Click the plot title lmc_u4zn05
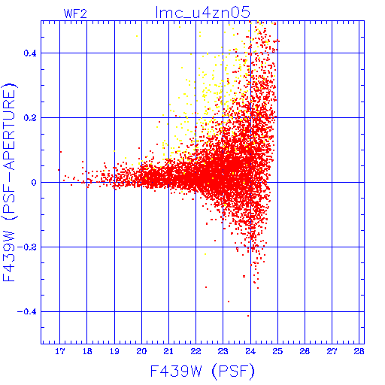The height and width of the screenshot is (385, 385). point(203,12)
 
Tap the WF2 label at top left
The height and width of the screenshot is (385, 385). point(75,14)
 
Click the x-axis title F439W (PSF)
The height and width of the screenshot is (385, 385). point(202,371)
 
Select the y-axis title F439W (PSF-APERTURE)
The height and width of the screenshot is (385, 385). point(9,183)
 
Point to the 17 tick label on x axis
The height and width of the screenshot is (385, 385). point(60,351)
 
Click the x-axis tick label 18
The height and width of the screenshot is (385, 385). point(87,351)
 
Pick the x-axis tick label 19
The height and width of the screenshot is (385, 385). point(114,351)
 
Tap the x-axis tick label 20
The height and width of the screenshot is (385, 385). point(141,351)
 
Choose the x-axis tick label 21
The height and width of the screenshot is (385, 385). point(168,351)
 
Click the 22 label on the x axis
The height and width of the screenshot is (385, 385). point(196,351)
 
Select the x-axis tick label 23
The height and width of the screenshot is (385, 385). point(223,351)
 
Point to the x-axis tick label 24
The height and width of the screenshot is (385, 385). point(250,351)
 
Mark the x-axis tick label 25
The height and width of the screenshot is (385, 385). point(277,351)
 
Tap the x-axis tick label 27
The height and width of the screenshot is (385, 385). point(332,351)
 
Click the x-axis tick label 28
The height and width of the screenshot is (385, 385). point(359,351)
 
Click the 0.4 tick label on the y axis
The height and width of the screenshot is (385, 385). point(30,53)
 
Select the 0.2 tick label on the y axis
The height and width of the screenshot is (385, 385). point(30,118)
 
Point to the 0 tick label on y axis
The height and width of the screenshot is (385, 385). point(34,183)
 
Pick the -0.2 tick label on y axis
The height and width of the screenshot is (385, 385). point(27,247)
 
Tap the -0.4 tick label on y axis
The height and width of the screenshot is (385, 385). point(27,312)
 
